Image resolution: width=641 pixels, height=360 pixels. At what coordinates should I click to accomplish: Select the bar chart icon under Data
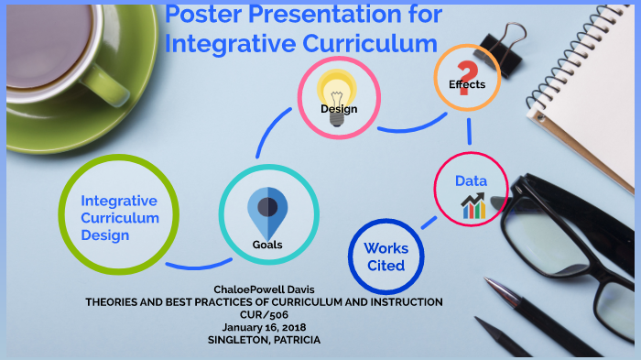click(473, 206)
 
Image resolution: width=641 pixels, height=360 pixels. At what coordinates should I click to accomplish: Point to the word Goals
click(266, 245)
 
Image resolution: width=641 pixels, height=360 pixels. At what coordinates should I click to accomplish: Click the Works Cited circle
click(386, 256)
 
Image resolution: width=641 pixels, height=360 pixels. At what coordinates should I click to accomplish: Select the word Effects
click(466, 84)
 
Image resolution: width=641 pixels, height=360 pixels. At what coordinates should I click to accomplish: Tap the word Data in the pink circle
click(471, 181)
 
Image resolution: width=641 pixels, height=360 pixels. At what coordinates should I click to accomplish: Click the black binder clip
click(501, 42)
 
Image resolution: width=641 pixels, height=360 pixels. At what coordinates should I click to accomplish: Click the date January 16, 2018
click(264, 325)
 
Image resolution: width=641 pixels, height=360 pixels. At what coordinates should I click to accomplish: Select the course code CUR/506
click(264, 313)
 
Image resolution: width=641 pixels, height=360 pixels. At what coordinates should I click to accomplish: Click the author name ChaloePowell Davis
click(264, 289)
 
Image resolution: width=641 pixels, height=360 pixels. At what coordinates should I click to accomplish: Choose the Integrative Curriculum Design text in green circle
click(118, 218)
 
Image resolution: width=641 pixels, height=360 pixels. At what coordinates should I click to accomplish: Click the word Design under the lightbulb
click(338, 110)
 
